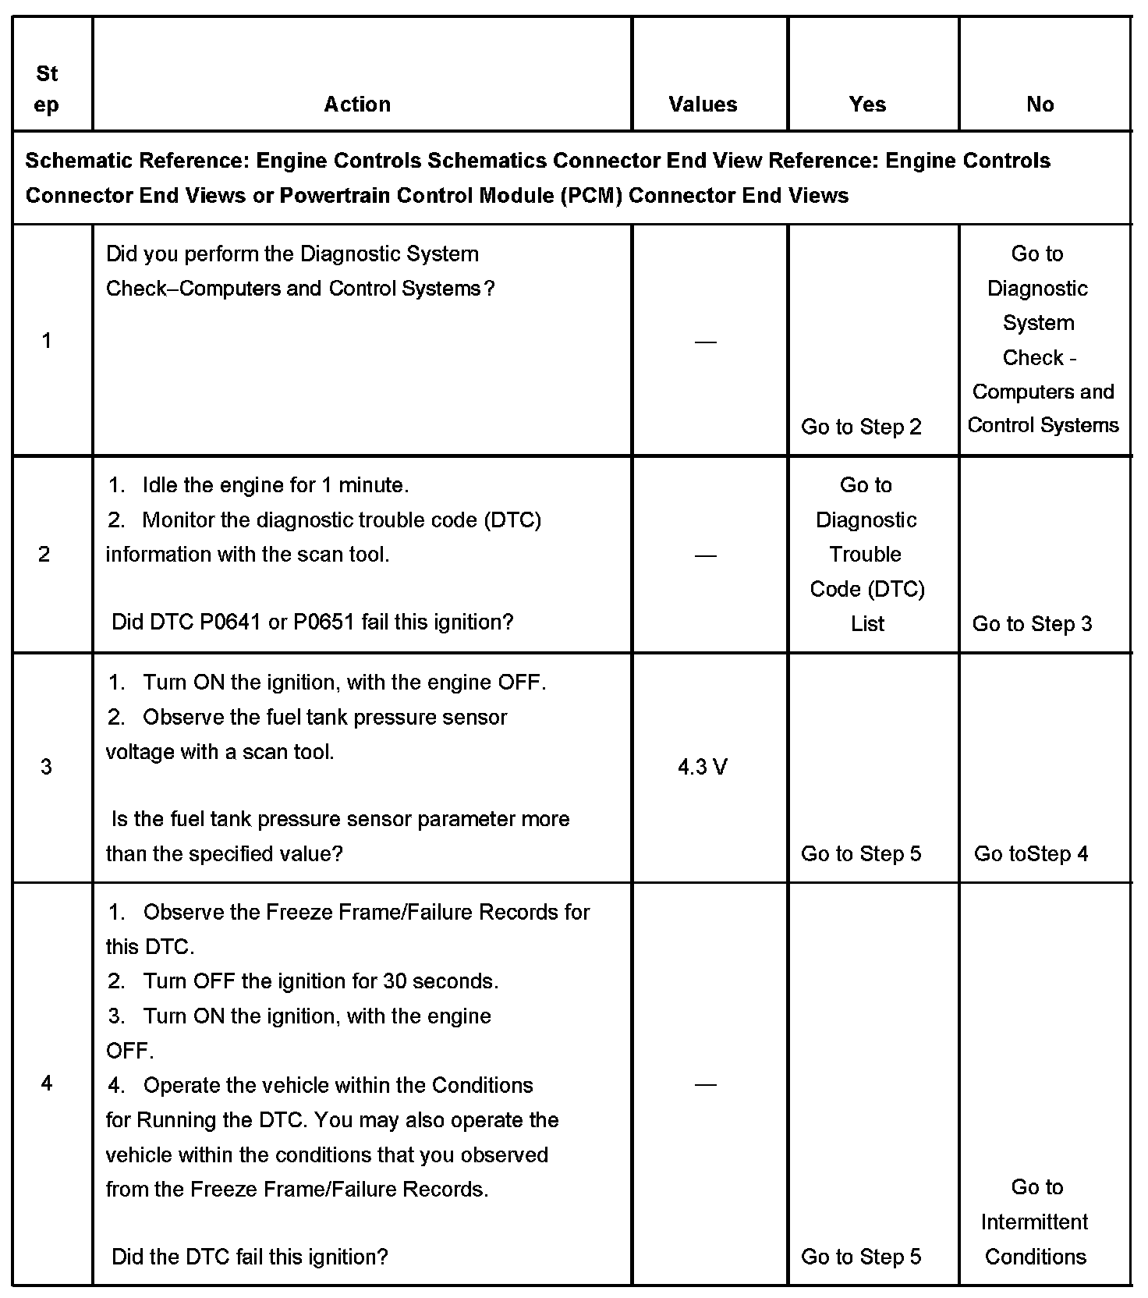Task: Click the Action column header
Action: point(357,105)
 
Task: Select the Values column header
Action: point(703,105)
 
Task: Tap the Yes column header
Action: point(867,105)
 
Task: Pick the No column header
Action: point(1040,105)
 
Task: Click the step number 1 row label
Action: point(47,340)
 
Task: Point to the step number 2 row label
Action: point(44,554)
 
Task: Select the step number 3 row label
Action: point(46,767)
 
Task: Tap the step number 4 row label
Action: point(47,1083)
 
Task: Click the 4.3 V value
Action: point(703,768)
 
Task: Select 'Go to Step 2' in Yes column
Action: point(861,427)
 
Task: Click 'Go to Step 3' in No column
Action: point(1032,624)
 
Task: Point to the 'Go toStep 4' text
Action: point(1031,853)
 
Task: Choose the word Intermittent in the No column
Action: point(1034,1222)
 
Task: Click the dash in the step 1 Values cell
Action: point(705,342)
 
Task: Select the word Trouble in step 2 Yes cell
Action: point(865,554)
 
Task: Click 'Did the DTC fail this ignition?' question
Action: point(250,1257)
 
